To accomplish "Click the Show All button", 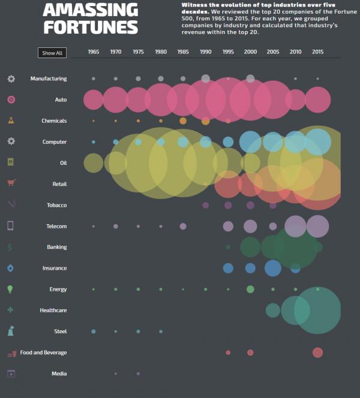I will tap(52, 53).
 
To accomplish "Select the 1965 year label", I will tap(94, 52).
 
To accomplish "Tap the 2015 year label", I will tap(318, 52).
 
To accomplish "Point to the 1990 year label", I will tap(206, 52).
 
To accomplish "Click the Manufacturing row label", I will tap(49, 79).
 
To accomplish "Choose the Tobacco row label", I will tap(57, 205).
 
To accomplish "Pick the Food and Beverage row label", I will tap(43, 352).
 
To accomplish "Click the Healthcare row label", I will tap(53, 310).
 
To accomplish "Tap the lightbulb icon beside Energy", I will tap(11, 289).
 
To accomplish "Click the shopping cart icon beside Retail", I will tap(11, 183).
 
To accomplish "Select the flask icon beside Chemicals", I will tap(11, 120).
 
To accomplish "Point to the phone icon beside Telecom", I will tap(11, 226).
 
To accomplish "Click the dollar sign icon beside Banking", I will tap(10, 247).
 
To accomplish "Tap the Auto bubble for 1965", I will tap(94, 99).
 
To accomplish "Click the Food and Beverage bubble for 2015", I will tap(318, 352).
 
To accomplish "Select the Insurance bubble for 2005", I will tap(273, 268).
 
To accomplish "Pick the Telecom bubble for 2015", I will tap(318, 227).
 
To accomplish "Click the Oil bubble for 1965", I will tap(94, 162).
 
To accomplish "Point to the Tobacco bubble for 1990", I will tap(206, 205).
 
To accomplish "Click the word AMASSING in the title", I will tap(90, 10).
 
